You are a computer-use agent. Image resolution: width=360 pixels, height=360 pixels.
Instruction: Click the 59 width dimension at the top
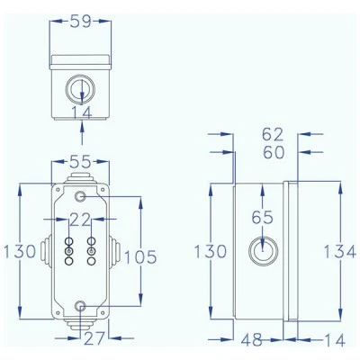pyautogui.click(x=80, y=22)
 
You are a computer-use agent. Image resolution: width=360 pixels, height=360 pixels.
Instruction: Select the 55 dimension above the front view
pyautogui.click(x=80, y=162)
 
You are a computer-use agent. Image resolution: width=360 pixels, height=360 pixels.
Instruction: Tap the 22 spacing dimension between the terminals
pyautogui.click(x=80, y=220)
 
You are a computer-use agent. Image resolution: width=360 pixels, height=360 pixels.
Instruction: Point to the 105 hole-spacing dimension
pyautogui.click(x=140, y=256)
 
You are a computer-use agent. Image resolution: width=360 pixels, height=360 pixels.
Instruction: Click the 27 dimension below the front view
pyautogui.click(x=94, y=338)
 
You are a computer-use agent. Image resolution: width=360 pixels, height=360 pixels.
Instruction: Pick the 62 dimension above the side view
pyautogui.click(x=273, y=134)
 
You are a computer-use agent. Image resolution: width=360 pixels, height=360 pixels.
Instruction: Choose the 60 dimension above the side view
pyautogui.click(x=274, y=152)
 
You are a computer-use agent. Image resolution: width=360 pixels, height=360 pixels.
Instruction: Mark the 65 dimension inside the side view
pyautogui.click(x=263, y=217)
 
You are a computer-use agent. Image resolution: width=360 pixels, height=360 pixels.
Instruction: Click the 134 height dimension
pyautogui.click(x=340, y=251)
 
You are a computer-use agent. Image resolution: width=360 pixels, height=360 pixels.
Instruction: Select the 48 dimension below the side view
pyautogui.click(x=252, y=340)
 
